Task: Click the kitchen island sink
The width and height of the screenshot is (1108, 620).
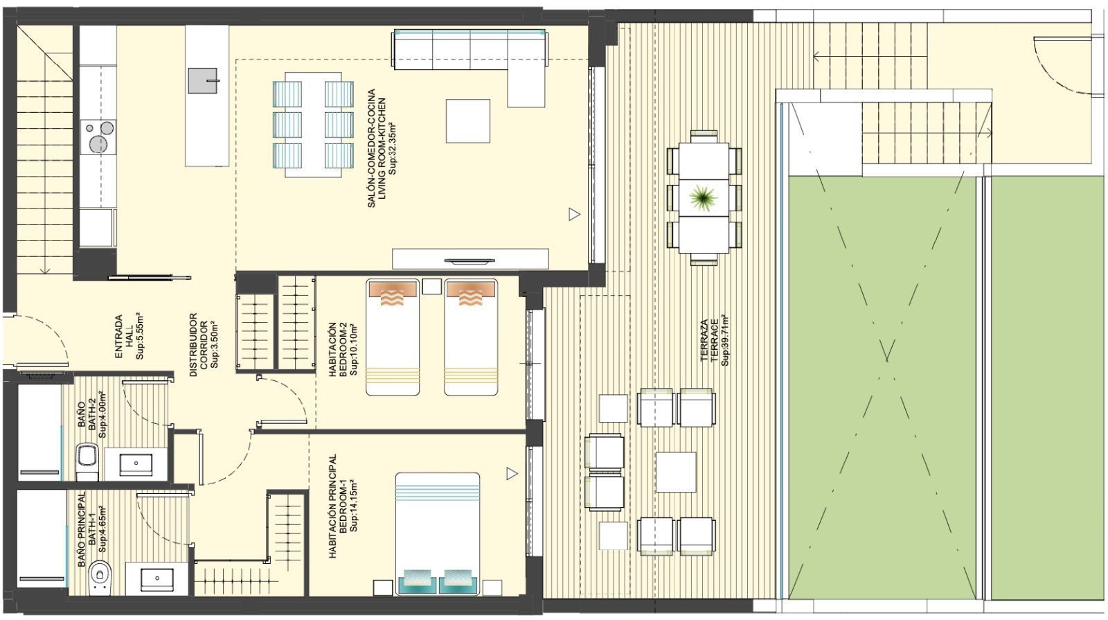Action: [202, 80]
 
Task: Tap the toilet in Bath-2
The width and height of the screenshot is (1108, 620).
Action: [88, 462]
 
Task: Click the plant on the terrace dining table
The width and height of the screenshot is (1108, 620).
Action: [703, 198]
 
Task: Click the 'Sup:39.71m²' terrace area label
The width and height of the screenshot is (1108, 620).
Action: [724, 340]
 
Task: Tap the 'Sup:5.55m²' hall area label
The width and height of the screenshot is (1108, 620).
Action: [139, 337]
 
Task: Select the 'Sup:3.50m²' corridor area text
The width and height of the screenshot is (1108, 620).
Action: [215, 344]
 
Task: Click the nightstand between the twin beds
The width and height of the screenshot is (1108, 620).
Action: [432, 287]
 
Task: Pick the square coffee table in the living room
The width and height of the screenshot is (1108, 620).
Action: [468, 121]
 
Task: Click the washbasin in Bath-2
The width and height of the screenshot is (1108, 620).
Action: [136, 464]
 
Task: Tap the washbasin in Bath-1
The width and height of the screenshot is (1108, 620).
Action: [157, 578]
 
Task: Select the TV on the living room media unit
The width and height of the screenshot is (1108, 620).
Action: [470, 260]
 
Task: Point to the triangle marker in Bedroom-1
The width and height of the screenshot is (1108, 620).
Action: [512, 474]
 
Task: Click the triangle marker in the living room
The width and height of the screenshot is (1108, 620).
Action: [574, 214]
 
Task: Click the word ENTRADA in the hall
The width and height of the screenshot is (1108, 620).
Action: [118, 337]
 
